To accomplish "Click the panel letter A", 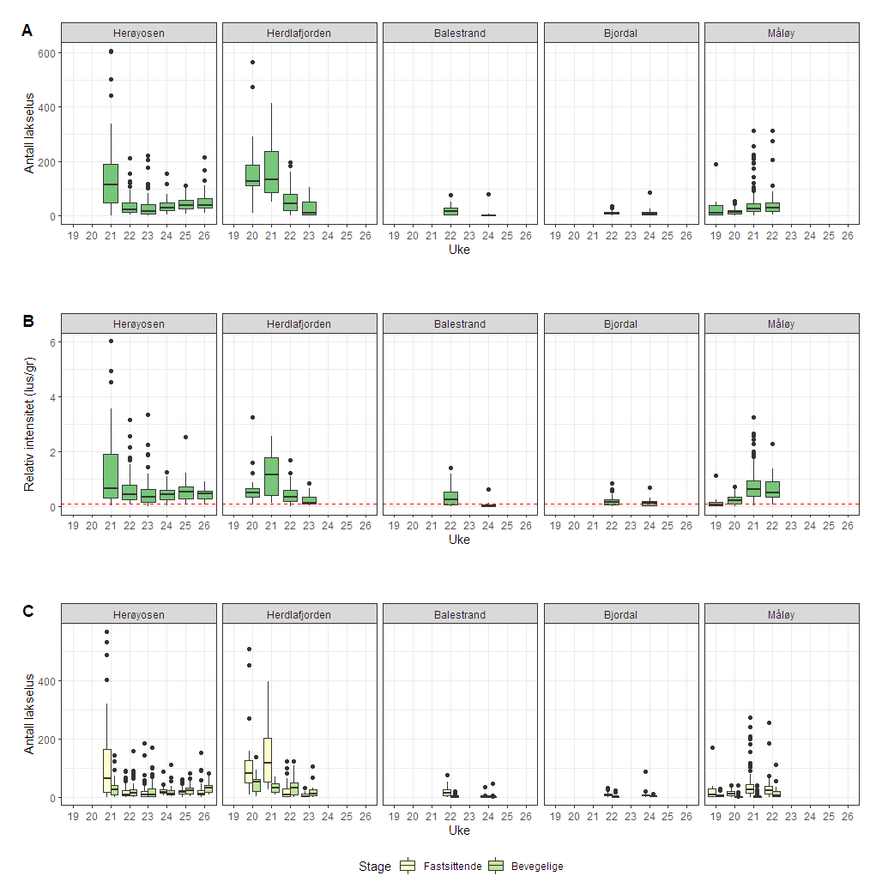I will pos(27,31).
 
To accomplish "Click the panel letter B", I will pos(27,321).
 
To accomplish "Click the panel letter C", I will pos(27,611).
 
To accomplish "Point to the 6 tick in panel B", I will pos(51,342).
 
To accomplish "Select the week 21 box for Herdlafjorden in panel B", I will pos(271,476).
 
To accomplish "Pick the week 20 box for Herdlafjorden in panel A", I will pos(252,175).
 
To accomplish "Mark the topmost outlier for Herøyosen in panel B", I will pos(111,341).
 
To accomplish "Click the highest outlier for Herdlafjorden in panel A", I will pos(252,62).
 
